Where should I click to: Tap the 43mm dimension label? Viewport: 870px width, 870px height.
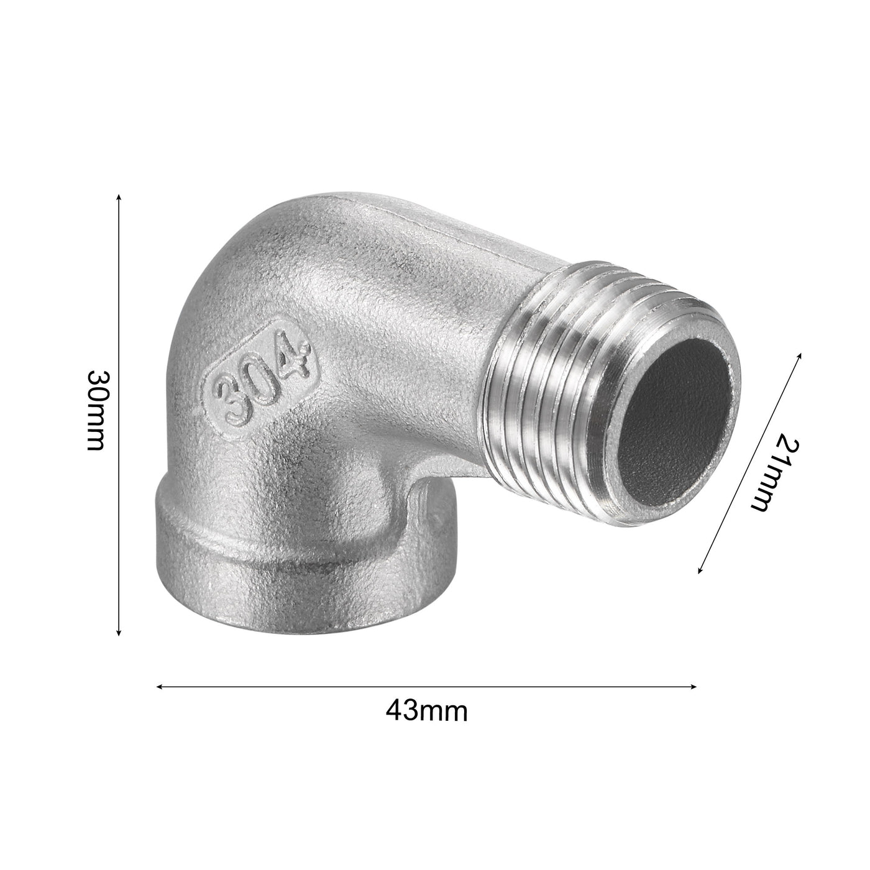pyautogui.click(x=426, y=710)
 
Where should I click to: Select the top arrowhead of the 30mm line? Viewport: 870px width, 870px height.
pyautogui.click(x=119, y=198)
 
